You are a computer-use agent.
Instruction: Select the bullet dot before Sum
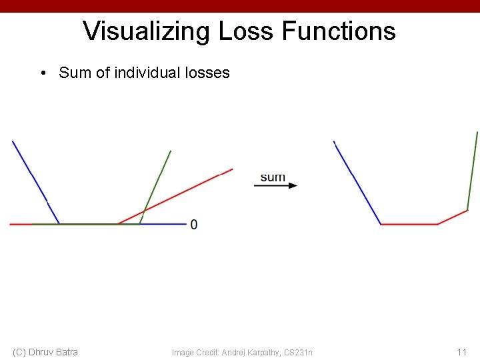click(43, 73)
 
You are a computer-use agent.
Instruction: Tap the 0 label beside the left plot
click(193, 224)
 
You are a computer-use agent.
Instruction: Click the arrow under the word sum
click(276, 186)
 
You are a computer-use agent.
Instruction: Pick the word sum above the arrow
click(273, 177)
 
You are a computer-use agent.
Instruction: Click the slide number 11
click(461, 351)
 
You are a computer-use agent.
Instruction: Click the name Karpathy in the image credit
click(264, 352)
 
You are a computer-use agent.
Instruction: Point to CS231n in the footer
click(299, 352)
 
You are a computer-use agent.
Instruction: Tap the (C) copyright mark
click(20, 351)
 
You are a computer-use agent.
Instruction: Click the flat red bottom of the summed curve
click(409, 224)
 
